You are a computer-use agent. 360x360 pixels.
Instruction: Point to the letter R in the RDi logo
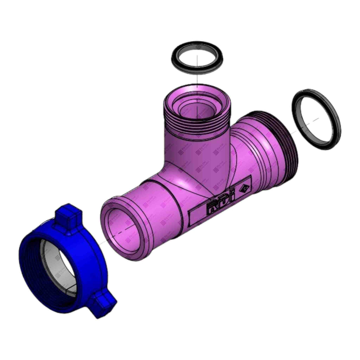pyautogui.click(x=211, y=207)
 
